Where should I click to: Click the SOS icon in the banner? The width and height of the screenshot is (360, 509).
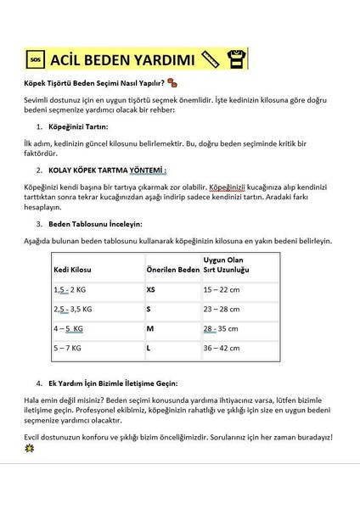(x=35, y=60)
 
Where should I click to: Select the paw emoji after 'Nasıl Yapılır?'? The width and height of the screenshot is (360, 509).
(x=172, y=83)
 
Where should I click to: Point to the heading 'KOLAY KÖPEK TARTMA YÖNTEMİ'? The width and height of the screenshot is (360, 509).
(x=107, y=169)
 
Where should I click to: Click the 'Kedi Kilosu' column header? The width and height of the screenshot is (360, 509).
(x=72, y=269)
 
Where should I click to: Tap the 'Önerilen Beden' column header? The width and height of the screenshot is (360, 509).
(x=172, y=269)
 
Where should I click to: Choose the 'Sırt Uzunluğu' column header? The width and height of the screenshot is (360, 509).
(x=226, y=269)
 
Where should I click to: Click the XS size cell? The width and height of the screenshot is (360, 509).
(x=152, y=289)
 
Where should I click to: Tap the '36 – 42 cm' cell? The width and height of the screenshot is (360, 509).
(x=222, y=348)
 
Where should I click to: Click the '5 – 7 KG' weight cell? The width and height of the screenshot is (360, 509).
(x=68, y=348)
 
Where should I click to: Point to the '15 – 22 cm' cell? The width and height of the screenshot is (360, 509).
(x=222, y=289)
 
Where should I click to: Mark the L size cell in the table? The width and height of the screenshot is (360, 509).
(x=149, y=348)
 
